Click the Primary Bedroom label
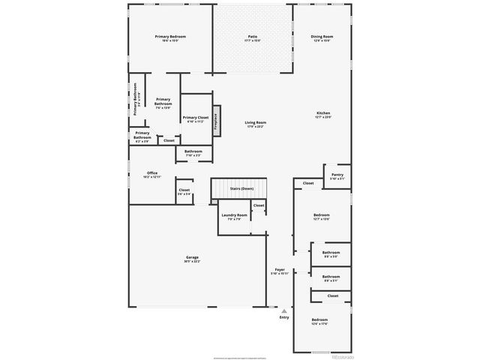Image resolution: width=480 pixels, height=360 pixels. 170,38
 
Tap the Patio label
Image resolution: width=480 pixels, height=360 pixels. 253,38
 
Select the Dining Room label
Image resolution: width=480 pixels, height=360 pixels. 322,38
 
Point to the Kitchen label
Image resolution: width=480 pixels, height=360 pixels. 322,115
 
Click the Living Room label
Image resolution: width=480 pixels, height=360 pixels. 256,124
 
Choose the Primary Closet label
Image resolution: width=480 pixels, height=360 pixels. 195,119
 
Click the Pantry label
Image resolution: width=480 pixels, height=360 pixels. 337,176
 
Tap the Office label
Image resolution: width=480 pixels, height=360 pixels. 152,175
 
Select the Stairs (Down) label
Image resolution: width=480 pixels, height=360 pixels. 241,188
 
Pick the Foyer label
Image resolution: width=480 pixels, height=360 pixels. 280,271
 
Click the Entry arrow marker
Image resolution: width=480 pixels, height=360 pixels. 284,309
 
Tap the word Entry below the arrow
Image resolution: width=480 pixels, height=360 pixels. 284,317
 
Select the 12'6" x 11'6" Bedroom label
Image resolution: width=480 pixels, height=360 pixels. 320,322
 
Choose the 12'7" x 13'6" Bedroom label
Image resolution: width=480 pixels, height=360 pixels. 321,217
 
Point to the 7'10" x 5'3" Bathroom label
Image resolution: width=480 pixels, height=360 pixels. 193,153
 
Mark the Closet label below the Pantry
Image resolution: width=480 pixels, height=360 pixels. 308,183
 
